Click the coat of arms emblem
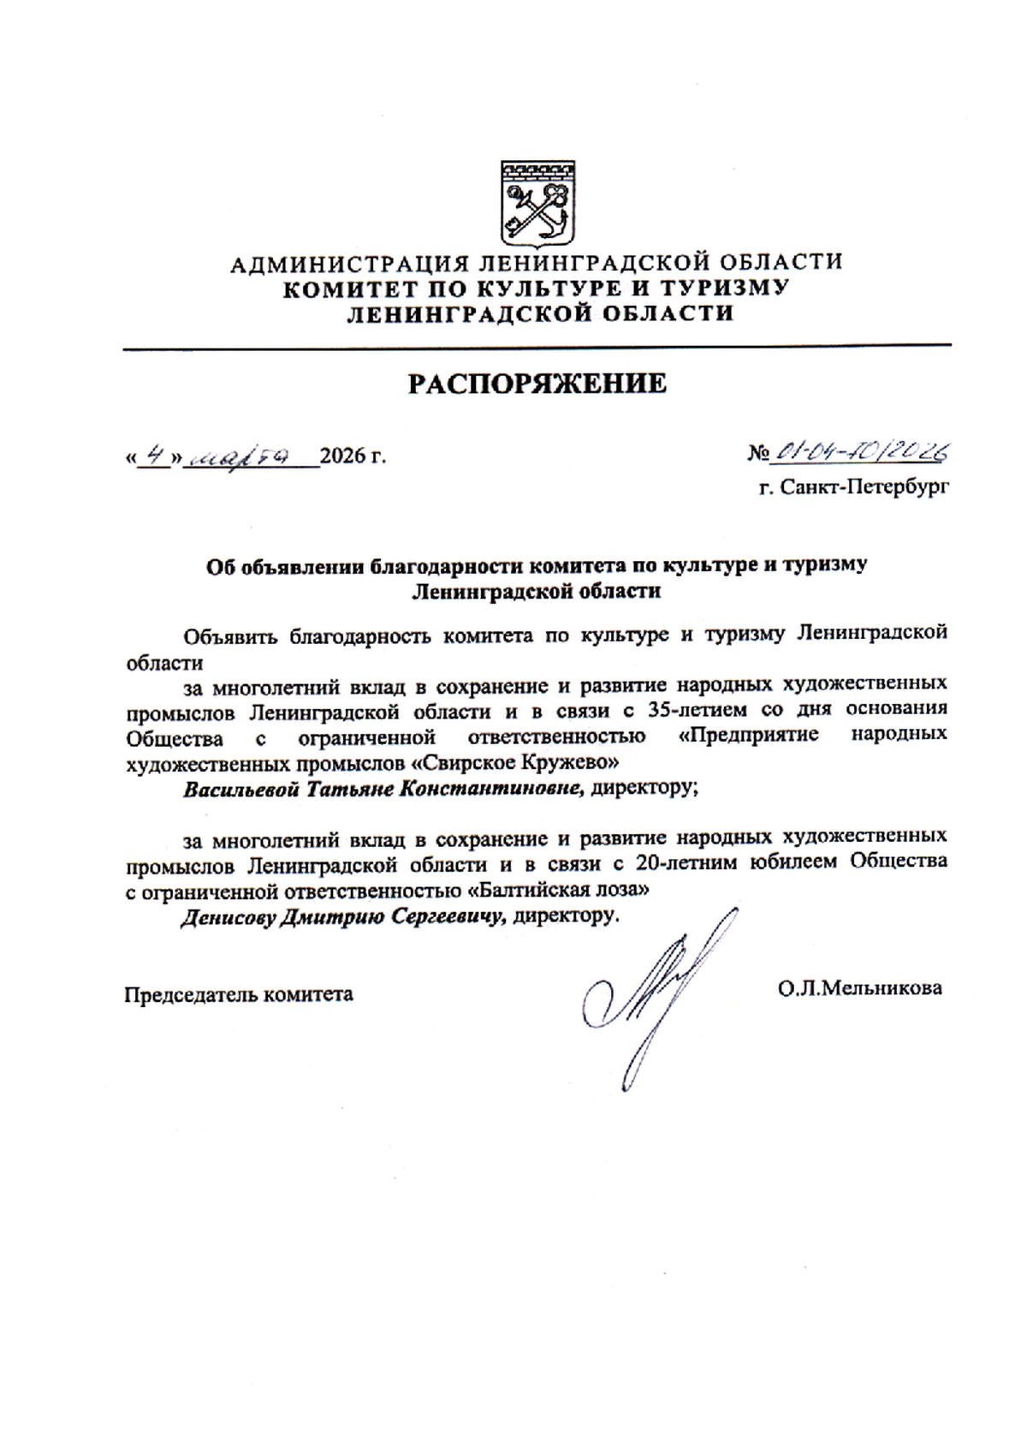(537, 202)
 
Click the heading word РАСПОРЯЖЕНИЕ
(537, 384)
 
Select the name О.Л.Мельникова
(860, 988)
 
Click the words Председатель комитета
(239, 994)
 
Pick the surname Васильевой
(239, 789)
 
